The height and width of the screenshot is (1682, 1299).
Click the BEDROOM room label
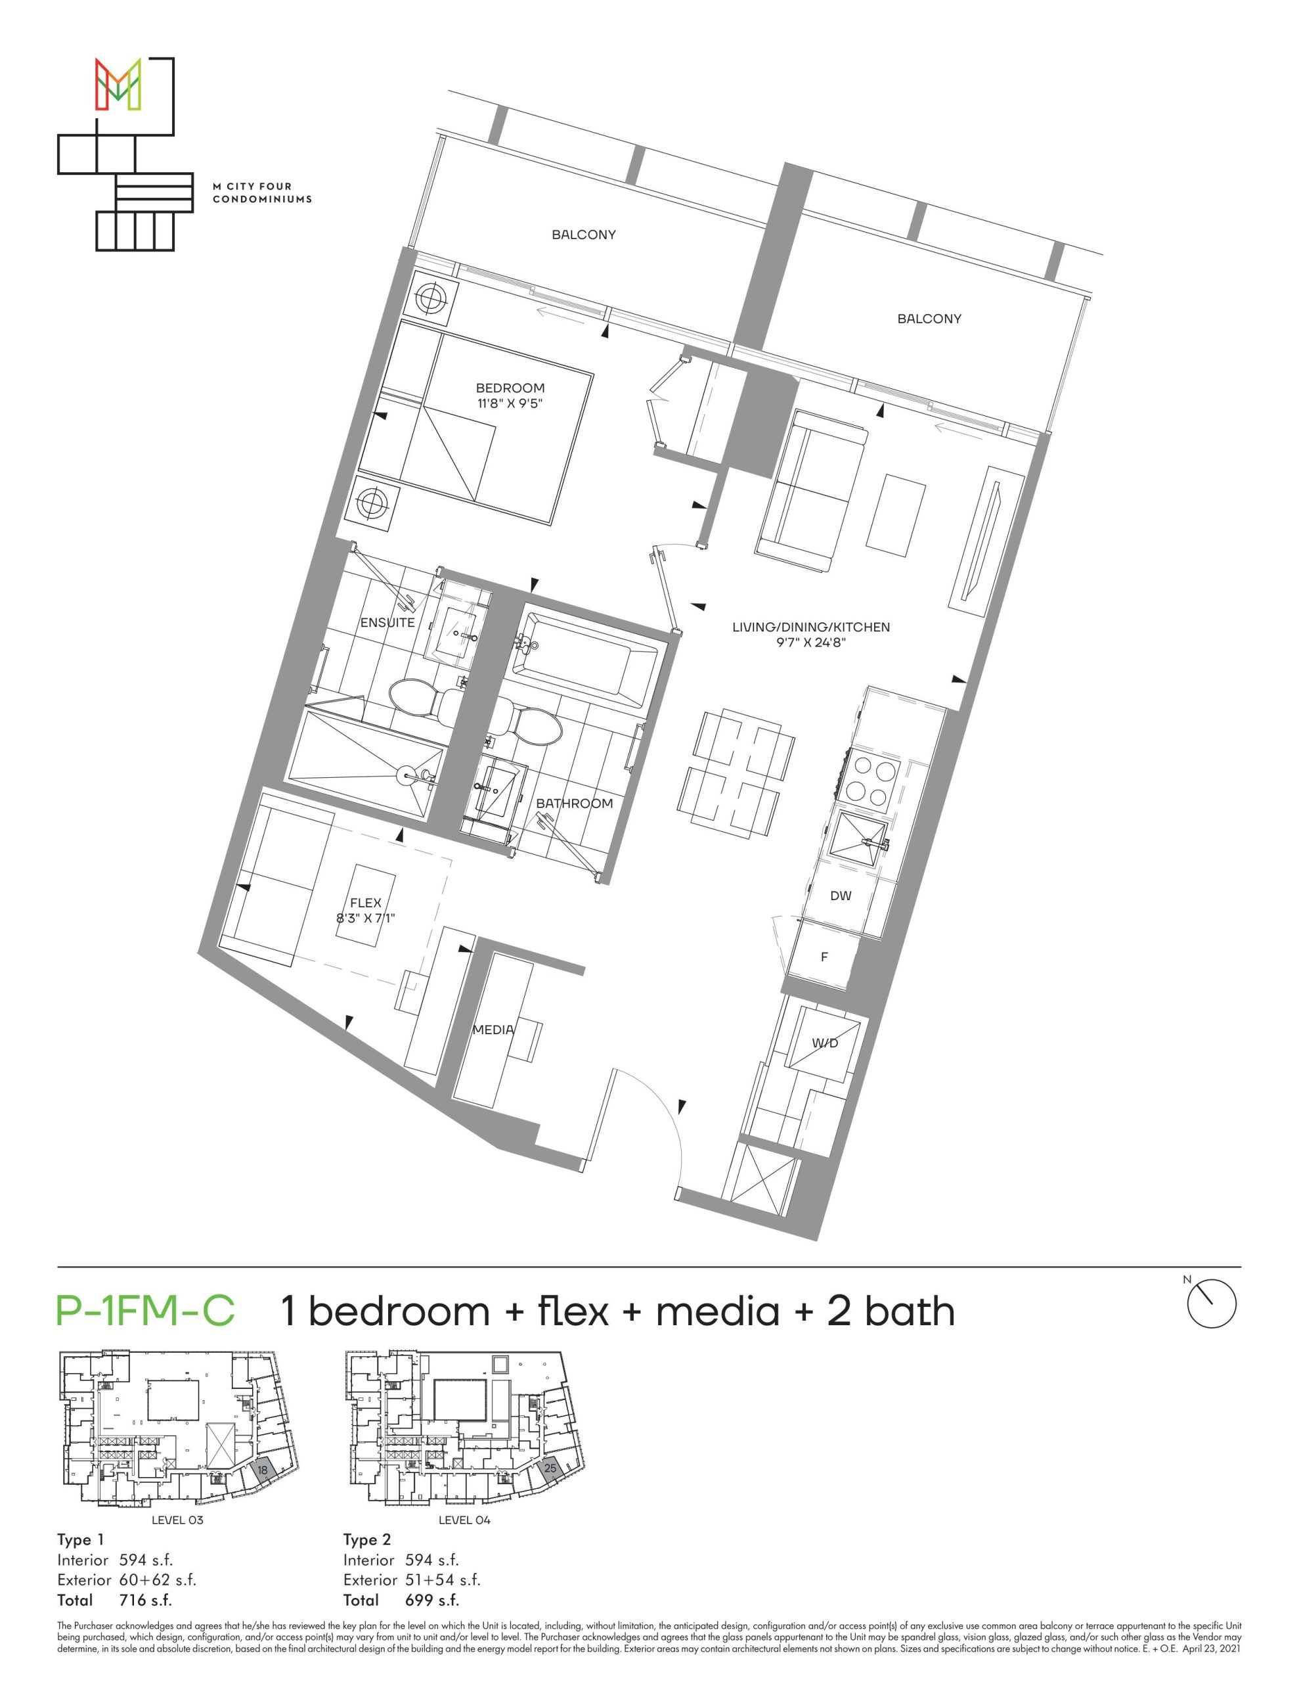510,388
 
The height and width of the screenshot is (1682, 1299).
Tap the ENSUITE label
387,622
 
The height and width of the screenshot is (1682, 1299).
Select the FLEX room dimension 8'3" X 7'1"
366,917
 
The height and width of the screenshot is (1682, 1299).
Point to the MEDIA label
493,1029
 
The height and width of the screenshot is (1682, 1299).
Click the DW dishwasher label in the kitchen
841,896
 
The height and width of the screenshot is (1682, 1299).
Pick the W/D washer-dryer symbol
823,1043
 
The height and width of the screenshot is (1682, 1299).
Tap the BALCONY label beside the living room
929,318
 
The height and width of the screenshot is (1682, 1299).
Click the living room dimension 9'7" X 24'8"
811,643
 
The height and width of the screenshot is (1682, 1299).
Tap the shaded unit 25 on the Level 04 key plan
550,1468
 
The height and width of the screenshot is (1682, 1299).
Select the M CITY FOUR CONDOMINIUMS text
263,193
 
